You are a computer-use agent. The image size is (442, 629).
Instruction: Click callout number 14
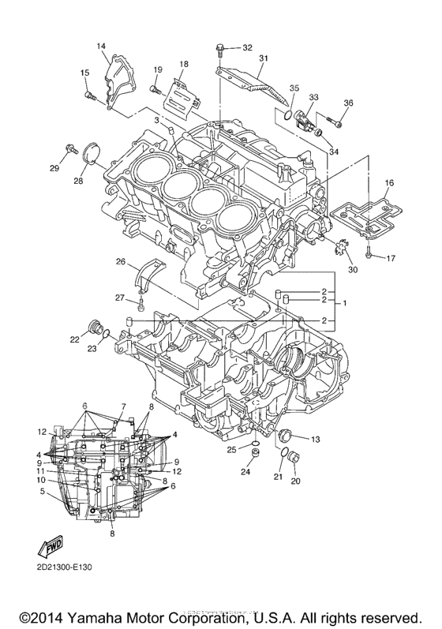[101, 47]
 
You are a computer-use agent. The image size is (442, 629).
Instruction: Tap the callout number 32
[247, 47]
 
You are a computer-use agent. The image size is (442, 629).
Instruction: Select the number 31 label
[264, 58]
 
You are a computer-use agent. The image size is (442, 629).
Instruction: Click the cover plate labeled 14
[118, 71]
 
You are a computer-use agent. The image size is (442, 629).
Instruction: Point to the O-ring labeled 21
[283, 452]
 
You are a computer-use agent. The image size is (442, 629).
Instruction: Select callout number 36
[348, 103]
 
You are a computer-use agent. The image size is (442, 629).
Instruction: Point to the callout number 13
[314, 438]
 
